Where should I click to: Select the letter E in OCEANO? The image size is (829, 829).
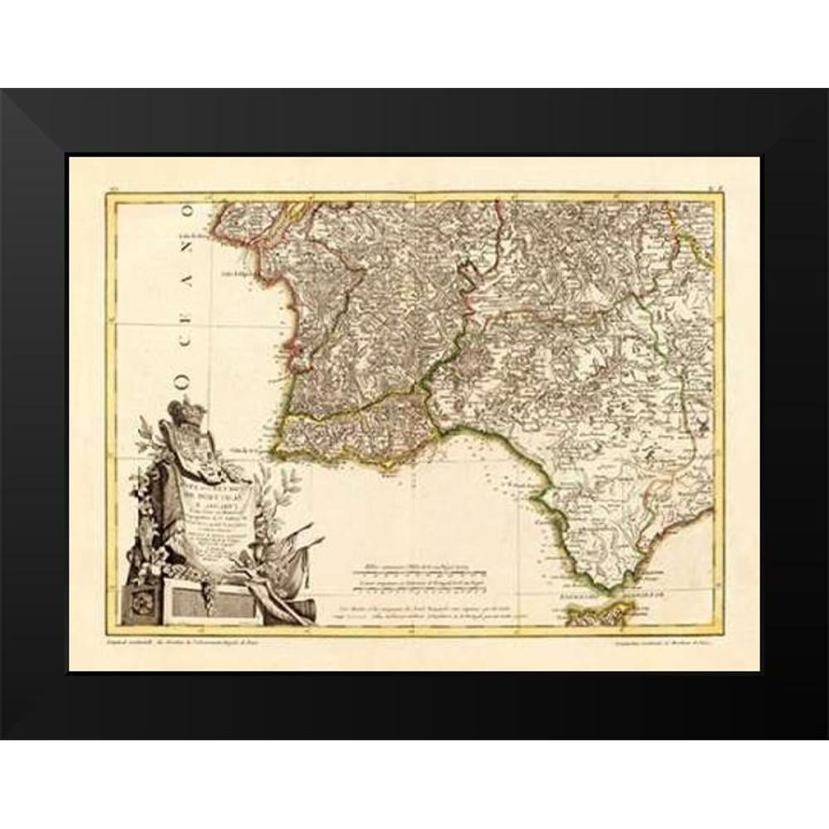[187, 330]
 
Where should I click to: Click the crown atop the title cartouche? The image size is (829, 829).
[182, 411]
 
